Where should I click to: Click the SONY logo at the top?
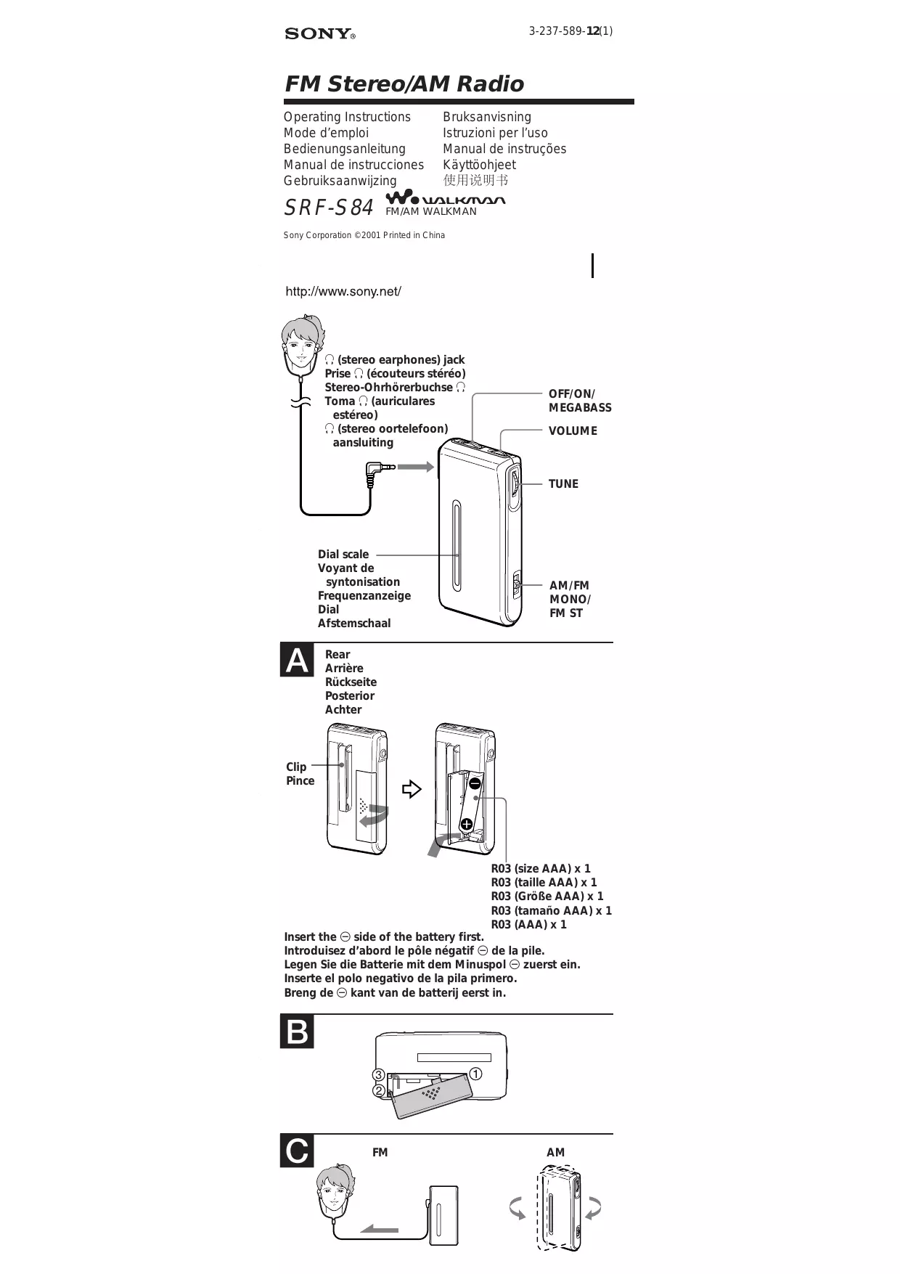tap(319, 34)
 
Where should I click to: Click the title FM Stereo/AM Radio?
tap(404, 84)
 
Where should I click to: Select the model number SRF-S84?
tap(328, 208)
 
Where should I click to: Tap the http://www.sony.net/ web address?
tap(343, 292)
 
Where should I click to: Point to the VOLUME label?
tap(573, 431)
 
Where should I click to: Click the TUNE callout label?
tap(563, 484)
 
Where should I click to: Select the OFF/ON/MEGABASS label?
tap(579, 401)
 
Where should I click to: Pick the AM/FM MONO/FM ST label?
tap(570, 600)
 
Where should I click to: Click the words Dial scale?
tap(343, 555)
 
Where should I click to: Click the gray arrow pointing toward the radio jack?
tap(415, 467)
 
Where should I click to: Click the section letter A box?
tap(297, 661)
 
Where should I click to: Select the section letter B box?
tap(297, 1032)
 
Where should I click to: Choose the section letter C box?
tap(297, 1151)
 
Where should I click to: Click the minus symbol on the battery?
tap(475, 783)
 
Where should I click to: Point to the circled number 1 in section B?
tap(476, 1074)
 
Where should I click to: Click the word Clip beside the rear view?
tap(296, 767)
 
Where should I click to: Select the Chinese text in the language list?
tap(475, 180)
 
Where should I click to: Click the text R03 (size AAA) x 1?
tap(541, 869)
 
